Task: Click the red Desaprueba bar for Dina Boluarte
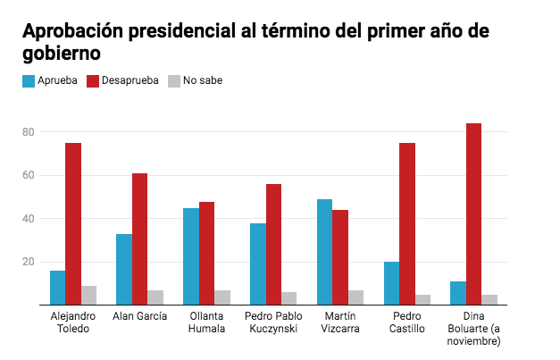(473, 214)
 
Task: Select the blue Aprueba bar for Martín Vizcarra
(324, 252)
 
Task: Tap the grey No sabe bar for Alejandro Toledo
(88, 295)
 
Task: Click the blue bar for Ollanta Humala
(190, 256)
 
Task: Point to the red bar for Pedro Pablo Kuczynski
(273, 244)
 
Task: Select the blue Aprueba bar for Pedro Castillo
(391, 283)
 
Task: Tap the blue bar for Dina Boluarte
(458, 293)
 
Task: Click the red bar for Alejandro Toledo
(72, 223)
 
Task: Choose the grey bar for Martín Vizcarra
(356, 297)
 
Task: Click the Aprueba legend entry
(48, 80)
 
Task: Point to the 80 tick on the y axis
(28, 132)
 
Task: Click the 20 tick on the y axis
(28, 262)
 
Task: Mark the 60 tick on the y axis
(28, 175)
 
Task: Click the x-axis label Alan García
(139, 316)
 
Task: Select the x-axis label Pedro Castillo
(407, 322)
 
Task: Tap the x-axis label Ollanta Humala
(206, 322)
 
